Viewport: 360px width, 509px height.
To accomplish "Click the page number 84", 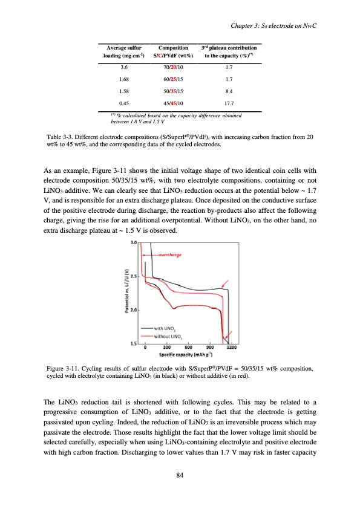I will pyautogui.click(x=180, y=473).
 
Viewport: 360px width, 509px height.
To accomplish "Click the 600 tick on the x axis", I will pyautogui.click(x=188, y=347).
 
